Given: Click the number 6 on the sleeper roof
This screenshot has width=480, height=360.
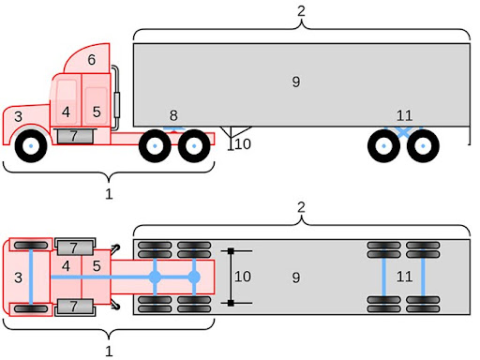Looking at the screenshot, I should [x=91, y=60].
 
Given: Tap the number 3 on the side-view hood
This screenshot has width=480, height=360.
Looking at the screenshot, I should [x=17, y=117].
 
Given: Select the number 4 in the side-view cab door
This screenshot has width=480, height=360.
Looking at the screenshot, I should [x=66, y=112].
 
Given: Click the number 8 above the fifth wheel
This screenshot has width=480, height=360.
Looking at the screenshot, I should [x=172, y=115].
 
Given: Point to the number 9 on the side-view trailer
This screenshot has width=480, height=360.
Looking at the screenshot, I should [x=295, y=82].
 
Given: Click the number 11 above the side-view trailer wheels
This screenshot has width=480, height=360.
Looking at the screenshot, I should [x=404, y=115].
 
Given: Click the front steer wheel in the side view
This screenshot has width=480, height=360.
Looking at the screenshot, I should [x=31, y=147].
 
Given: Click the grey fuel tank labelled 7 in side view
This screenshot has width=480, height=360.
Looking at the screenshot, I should [x=74, y=137].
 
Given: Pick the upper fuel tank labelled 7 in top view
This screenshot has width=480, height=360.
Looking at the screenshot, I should [x=74, y=247].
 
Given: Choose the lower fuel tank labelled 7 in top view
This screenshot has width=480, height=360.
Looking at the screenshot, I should [x=74, y=307].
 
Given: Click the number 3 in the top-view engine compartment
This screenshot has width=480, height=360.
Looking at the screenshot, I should [x=18, y=277].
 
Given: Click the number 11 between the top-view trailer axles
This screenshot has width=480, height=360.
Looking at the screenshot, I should [x=404, y=277].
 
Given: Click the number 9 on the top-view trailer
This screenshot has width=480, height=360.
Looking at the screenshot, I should [x=295, y=277].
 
